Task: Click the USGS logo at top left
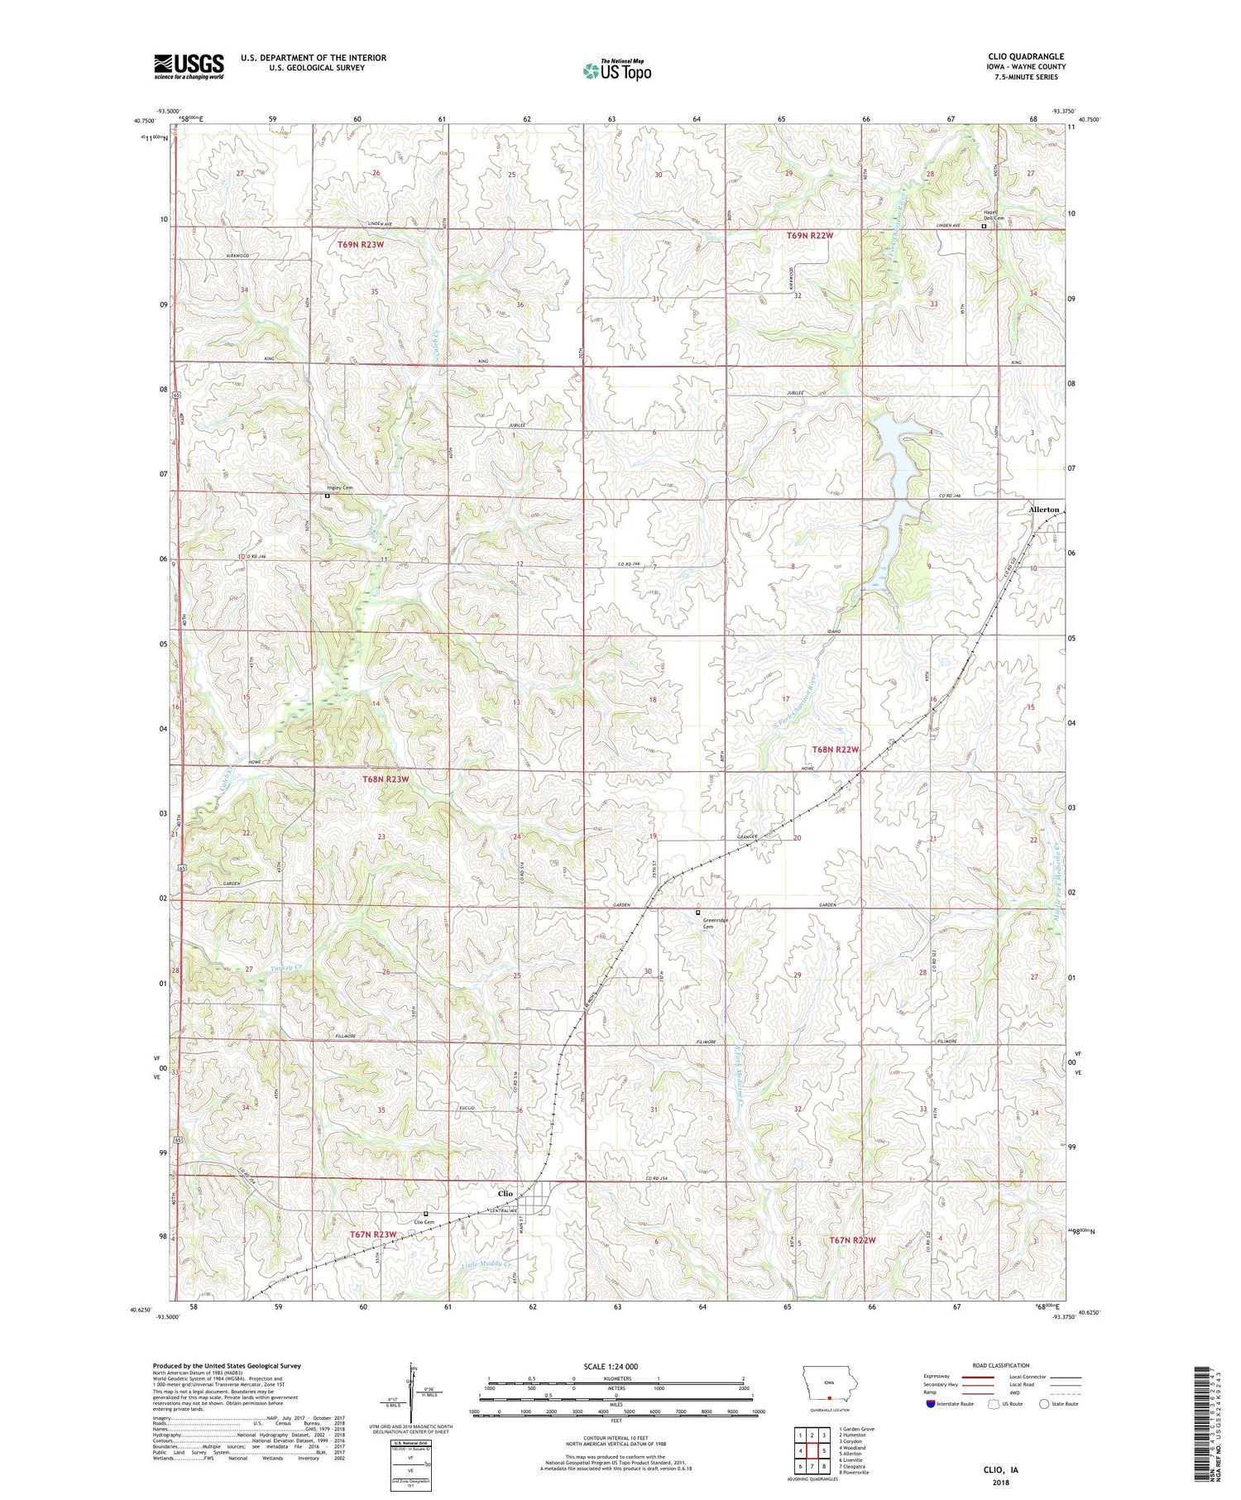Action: [189, 66]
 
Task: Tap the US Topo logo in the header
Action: [616, 71]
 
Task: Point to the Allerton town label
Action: [1043, 510]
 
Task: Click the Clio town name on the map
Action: [505, 1194]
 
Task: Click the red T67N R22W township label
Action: [851, 1240]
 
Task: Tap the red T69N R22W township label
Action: [809, 236]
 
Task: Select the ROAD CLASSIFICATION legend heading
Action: [1000, 1365]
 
